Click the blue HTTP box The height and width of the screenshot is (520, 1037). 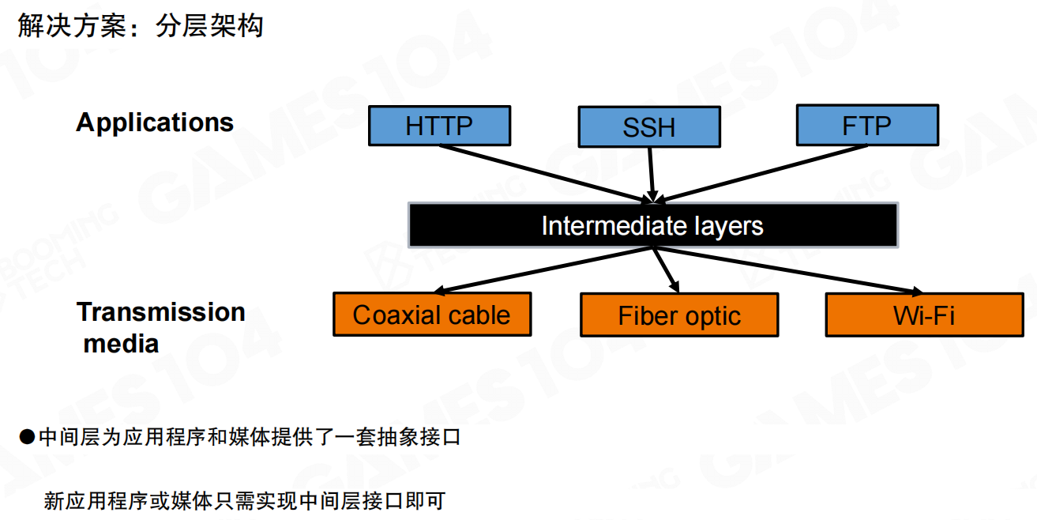[x=439, y=126]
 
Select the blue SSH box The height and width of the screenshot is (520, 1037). [x=649, y=127]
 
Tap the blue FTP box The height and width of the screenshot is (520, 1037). [x=867, y=126]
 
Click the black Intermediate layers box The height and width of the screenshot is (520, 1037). [x=652, y=226]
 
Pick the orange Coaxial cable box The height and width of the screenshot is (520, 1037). [x=431, y=315]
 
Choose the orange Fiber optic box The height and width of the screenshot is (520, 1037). [x=679, y=315]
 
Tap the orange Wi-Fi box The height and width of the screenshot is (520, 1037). [x=924, y=315]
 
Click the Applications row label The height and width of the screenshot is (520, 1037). [x=155, y=122]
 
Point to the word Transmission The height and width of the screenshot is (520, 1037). [x=161, y=311]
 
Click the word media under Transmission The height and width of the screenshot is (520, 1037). [x=122, y=344]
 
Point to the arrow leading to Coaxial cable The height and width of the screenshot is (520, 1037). [x=545, y=269]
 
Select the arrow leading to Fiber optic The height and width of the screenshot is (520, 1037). [x=665, y=269]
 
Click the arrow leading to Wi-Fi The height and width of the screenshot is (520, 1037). [x=790, y=269]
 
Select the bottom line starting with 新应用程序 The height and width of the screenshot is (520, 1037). [x=245, y=500]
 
